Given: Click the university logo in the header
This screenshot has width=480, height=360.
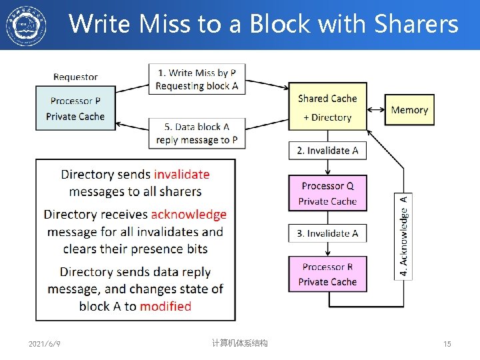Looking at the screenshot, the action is coord(26,25).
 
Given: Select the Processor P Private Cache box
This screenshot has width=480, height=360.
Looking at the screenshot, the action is coord(75,108).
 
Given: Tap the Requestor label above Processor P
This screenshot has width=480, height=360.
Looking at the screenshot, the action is coord(75,77).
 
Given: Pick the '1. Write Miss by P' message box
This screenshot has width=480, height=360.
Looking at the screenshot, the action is coord(197,79).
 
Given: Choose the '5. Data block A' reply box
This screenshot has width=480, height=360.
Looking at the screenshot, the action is coord(197,133).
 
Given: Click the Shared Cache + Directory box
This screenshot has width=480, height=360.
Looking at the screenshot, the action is coord(327,107).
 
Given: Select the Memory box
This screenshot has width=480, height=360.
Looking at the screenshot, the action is coord(409,110).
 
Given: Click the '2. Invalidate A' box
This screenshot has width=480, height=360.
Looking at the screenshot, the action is coord(327,151).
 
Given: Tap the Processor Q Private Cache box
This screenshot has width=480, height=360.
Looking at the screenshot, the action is coord(327,193).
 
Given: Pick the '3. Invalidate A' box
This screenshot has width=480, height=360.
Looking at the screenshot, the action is coord(327,233).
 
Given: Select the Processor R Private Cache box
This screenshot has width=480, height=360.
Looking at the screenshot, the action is coord(327,274).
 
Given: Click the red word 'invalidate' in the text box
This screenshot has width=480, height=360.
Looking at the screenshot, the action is coord(181,175).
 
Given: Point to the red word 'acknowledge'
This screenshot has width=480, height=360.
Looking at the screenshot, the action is coord(189,215).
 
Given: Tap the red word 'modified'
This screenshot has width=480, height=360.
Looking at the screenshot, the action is coord(165,307).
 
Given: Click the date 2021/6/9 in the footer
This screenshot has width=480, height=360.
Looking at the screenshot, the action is coord(45,344).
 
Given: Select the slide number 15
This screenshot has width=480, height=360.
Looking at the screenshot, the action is coord(447,344).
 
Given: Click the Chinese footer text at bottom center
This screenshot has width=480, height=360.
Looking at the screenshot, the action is coord(239,343).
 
